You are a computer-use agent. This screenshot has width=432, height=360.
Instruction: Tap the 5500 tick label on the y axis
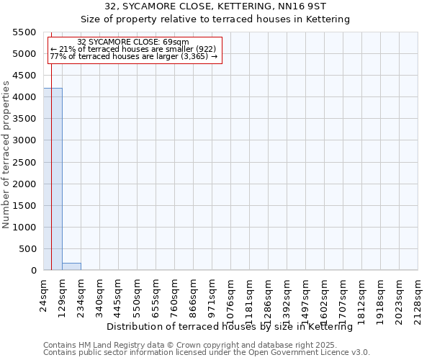[x=24, y=32]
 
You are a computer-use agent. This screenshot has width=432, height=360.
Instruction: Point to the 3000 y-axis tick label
[x=24, y=140]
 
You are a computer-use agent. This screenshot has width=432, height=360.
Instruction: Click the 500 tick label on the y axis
[x=28, y=249]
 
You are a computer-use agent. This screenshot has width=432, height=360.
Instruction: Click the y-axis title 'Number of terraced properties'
[x=6, y=155]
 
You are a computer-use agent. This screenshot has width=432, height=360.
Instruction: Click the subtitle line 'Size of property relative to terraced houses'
[x=215, y=19]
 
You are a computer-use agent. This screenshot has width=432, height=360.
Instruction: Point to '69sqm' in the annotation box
[x=175, y=42]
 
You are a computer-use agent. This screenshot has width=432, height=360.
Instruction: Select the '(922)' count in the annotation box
[x=202, y=48]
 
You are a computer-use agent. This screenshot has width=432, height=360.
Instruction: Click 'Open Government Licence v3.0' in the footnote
[x=312, y=352]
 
